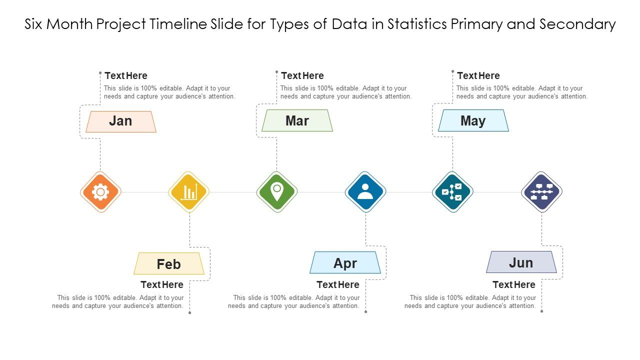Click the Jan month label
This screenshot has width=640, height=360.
[120, 121]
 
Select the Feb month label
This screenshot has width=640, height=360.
[169, 264]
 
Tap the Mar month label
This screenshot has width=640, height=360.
[297, 121]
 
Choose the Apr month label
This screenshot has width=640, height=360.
[345, 263]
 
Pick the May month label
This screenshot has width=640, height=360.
[473, 121]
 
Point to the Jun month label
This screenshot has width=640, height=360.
[521, 262]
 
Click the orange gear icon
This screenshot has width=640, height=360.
[101, 192]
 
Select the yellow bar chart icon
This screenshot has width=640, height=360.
[189, 192]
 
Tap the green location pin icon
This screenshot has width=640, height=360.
[277, 191]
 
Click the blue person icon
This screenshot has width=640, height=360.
[365, 192]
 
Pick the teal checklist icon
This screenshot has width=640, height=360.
[452, 192]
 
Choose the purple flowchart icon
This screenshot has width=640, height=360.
[542, 192]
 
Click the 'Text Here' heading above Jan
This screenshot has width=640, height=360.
[126, 76]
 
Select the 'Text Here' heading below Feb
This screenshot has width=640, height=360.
[162, 285]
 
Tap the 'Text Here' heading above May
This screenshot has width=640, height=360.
[478, 76]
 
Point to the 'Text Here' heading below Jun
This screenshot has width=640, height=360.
[514, 285]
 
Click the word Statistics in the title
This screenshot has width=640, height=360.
[418, 24]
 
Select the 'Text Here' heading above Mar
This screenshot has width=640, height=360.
[302, 76]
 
